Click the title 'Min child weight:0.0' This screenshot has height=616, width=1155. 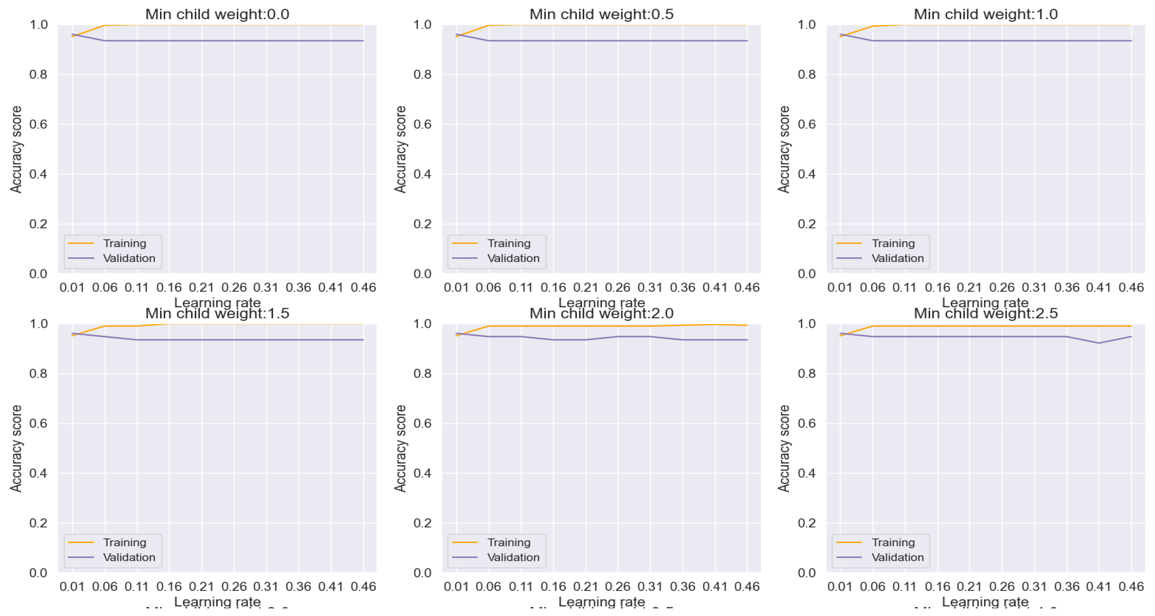[217, 14]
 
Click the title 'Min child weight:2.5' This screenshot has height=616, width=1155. [985, 313]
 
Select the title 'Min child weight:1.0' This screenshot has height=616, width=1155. [985, 14]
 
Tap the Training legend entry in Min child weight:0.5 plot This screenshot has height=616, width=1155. [509, 243]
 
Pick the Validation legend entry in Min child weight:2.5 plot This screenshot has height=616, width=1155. [897, 557]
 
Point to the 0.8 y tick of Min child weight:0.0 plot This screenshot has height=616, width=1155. [38, 75]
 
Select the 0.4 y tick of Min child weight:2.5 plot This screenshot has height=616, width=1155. [806, 473]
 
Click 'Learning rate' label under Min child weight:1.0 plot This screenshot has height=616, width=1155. [985, 303]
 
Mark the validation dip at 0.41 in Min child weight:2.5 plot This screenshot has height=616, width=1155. [1098, 343]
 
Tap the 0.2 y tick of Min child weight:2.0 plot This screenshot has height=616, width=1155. [422, 523]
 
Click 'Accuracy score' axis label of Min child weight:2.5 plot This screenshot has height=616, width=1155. [784, 449]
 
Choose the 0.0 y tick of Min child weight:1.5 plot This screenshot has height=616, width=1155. [38, 573]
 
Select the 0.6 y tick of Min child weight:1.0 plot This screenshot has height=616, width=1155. [806, 124]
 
